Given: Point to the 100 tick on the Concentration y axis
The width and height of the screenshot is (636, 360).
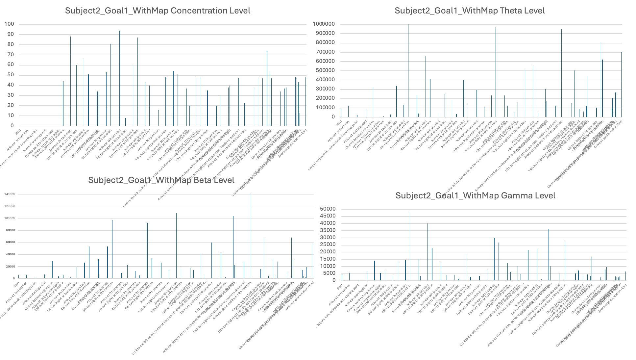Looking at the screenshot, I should [x=9, y=24].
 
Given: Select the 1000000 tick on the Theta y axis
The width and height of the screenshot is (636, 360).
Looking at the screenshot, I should [x=324, y=24].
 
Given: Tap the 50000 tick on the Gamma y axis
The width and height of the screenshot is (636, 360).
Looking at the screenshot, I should [x=329, y=209].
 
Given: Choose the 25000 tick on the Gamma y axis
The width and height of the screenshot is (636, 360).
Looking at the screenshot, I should [x=329, y=245].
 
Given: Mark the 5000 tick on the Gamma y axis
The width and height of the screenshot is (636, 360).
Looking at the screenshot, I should [x=330, y=273].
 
